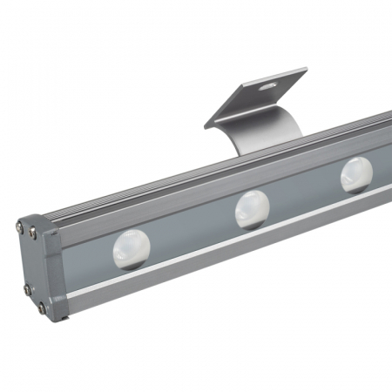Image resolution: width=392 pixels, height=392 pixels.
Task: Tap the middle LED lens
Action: coord(252,210)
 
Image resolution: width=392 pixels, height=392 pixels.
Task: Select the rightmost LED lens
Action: coord(356,174)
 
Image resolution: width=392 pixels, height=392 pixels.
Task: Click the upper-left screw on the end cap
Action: coord(21,227)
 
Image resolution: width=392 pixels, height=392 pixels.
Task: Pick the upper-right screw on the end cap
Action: coord(34,233)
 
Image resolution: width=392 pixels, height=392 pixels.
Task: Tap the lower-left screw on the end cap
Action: coord(27,288)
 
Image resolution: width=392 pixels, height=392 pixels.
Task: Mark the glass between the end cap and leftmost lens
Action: coord(87,261)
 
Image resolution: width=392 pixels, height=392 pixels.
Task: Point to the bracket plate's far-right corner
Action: coord(306,71)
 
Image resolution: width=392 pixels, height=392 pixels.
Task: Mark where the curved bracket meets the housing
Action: coord(261,145)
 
